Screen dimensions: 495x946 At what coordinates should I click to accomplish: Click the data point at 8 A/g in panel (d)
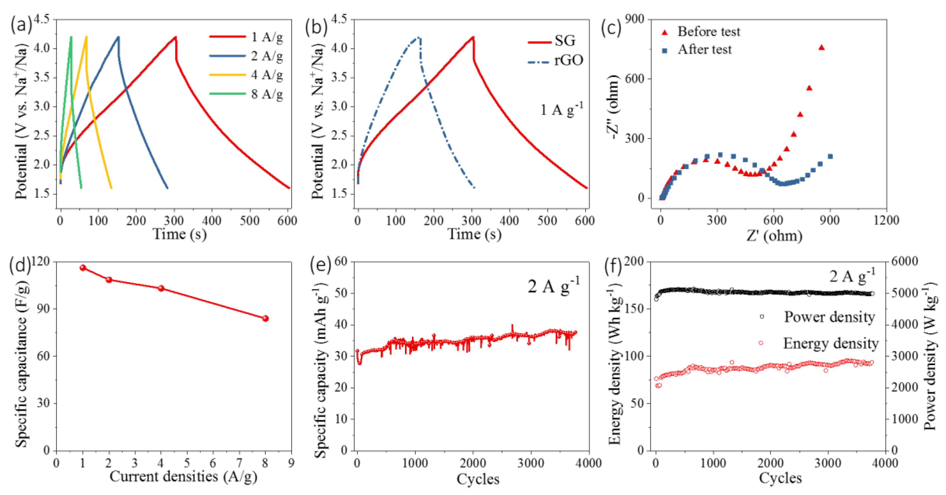click(265, 318)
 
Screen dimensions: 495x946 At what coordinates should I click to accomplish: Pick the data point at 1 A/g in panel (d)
click(83, 268)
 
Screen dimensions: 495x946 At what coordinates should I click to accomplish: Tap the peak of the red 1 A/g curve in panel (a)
click(176, 37)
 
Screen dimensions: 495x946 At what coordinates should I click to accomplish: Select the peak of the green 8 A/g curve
click(71, 37)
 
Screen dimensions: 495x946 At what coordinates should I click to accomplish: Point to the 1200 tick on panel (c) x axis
click(886, 220)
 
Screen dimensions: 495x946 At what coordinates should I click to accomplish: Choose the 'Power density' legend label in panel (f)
click(829, 317)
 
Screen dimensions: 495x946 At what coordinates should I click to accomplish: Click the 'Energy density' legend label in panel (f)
click(831, 343)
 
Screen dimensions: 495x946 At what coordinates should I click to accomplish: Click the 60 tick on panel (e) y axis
click(341, 261)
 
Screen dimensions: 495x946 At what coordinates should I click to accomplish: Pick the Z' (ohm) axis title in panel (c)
click(774, 235)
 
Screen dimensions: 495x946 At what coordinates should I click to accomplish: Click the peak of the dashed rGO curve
click(418, 37)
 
